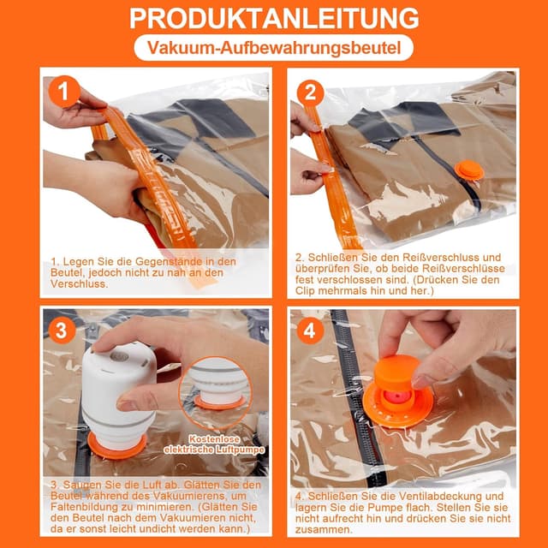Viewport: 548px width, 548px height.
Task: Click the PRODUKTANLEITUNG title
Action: click(x=274, y=18)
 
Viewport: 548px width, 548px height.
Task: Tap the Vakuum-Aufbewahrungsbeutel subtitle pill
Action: click(x=274, y=48)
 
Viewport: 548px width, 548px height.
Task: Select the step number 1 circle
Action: click(x=64, y=92)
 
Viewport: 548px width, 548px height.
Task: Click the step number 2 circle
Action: click(x=310, y=93)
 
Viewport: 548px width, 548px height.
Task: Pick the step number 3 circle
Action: click(x=62, y=331)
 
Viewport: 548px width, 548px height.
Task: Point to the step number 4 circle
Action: click(x=309, y=331)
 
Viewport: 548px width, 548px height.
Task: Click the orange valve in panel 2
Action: click(x=469, y=171)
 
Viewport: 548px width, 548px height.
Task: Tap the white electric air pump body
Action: click(x=118, y=395)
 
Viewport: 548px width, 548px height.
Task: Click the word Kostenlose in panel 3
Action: click(x=215, y=439)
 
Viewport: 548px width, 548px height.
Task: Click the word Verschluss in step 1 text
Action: click(x=79, y=283)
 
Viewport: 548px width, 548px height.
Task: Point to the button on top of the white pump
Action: click(x=119, y=357)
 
